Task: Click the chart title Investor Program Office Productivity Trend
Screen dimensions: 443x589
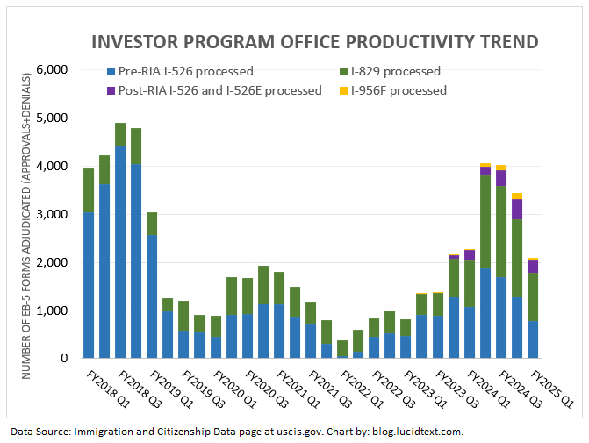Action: coord(315,42)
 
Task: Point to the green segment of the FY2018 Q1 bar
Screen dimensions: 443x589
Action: coord(89,190)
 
